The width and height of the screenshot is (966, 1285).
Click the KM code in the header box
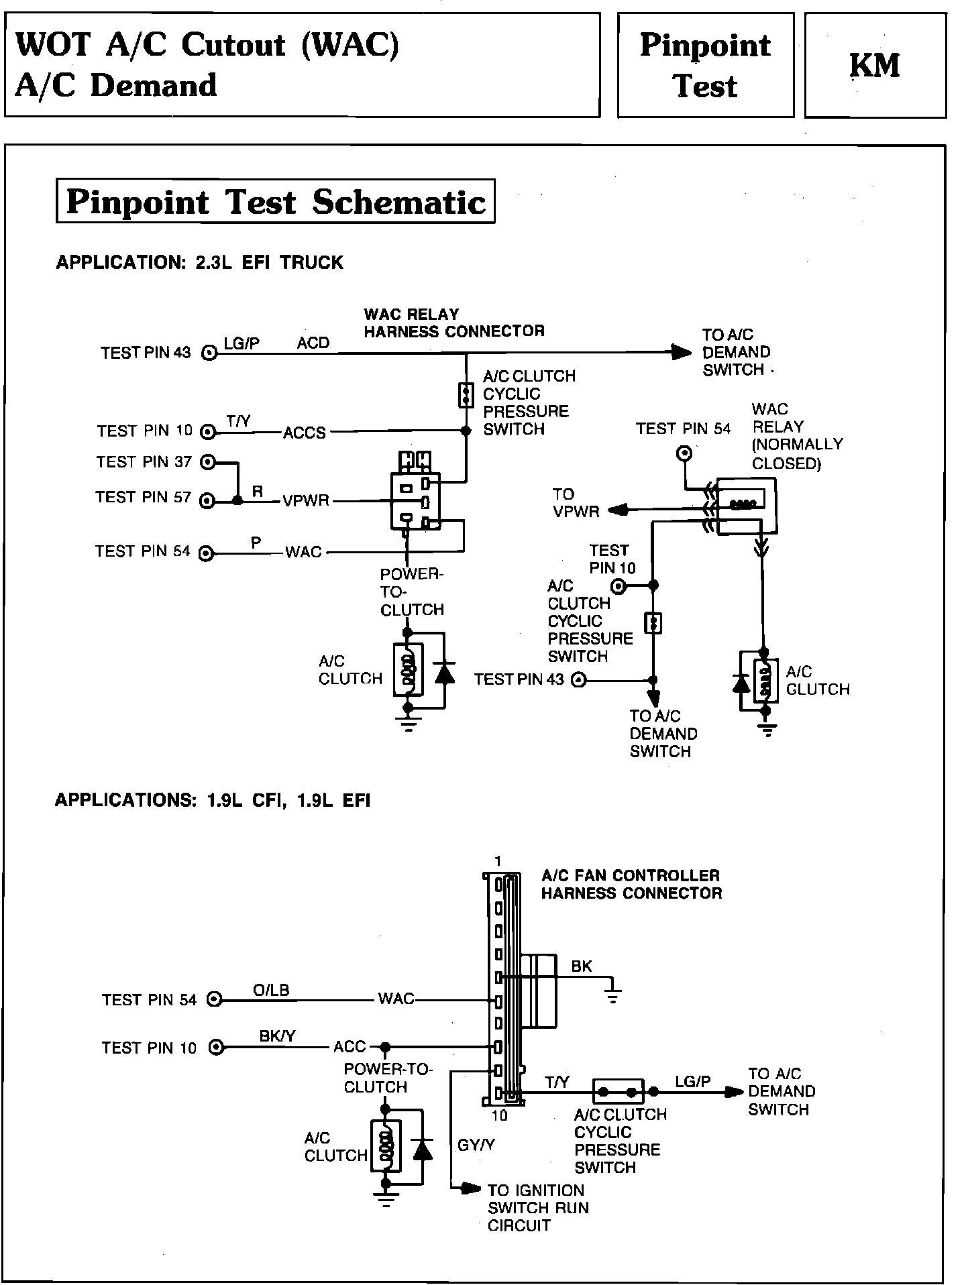pos(875,66)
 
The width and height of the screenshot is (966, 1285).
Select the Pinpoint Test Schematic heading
pos(276,201)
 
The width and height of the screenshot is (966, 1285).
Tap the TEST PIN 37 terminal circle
pos(209,461)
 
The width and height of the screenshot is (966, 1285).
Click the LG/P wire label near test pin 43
pos(241,343)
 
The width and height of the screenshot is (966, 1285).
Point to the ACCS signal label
pos(304,433)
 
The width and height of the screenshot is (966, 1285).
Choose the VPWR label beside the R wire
pos(305,501)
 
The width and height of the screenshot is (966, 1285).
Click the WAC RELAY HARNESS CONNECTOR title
pos(453,323)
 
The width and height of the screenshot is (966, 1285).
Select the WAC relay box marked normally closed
pos(745,506)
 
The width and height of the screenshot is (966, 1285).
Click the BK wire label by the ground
pos(582,966)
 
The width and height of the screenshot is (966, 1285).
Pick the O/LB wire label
pos(271,991)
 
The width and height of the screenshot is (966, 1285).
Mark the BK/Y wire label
pos(277,1036)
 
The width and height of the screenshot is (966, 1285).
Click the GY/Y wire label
pos(476,1146)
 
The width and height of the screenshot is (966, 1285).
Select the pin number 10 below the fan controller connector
pos(499,1115)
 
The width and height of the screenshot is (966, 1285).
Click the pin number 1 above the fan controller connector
pos(497,861)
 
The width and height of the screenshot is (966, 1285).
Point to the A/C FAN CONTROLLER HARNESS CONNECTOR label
pos(631,884)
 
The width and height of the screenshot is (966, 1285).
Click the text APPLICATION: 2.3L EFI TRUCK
pos(199,262)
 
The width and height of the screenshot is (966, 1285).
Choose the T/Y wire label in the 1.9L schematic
pos(557,1082)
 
